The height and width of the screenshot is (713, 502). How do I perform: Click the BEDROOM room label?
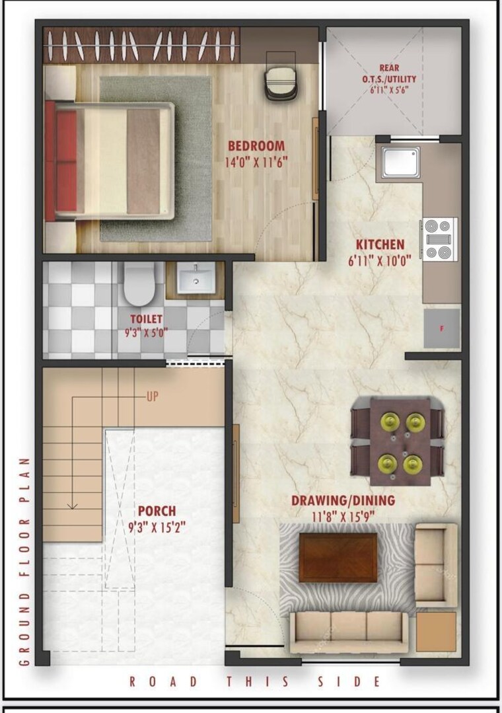click(x=256, y=146)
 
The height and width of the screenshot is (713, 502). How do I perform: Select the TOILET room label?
click(x=146, y=320)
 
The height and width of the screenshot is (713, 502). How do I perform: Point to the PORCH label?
click(x=157, y=511)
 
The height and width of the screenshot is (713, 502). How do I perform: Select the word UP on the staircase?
click(x=153, y=396)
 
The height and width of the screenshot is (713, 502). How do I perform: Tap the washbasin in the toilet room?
click(x=196, y=278)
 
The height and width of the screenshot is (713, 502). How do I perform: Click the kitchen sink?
click(x=401, y=162)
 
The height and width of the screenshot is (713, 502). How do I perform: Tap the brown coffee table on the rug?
click(x=338, y=556)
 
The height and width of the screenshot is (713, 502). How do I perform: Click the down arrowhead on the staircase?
click(x=73, y=506)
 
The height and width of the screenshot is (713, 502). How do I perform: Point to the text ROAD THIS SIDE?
click(x=254, y=681)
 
